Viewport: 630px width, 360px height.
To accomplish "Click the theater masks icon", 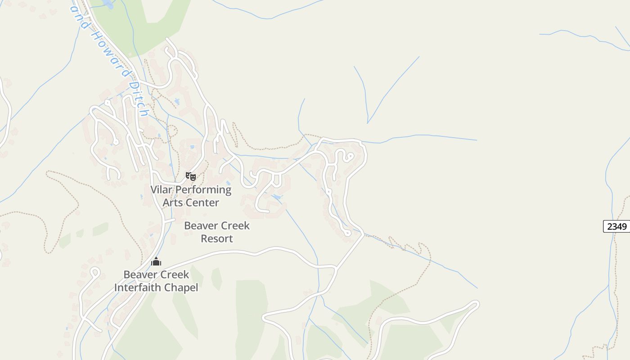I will tap(191, 176).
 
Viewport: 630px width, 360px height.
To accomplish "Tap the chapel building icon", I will tap(156, 261).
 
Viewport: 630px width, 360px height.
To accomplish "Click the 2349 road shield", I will tap(616, 226).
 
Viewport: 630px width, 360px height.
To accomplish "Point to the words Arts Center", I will tap(191, 202).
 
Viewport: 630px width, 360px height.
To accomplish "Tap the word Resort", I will tap(217, 238).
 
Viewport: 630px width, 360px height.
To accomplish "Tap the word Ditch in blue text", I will tap(138, 98).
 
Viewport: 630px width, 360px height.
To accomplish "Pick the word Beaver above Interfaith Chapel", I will tap(140, 274).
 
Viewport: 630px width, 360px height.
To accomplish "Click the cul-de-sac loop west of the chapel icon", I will tap(94, 272).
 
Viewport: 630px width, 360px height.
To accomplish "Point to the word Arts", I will tap(173, 202).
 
